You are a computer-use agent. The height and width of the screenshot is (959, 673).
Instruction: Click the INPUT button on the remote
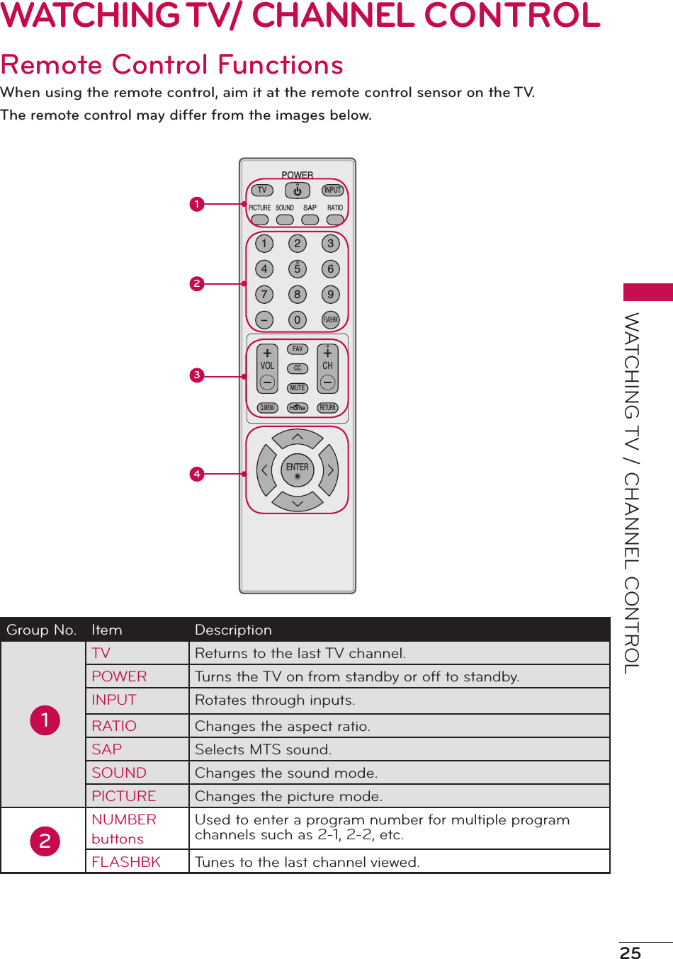click(332, 190)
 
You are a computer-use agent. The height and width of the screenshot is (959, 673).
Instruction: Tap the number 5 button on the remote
click(298, 269)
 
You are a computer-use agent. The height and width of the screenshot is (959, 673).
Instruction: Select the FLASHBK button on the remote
click(330, 320)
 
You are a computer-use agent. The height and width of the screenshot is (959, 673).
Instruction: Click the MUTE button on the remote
click(298, 388)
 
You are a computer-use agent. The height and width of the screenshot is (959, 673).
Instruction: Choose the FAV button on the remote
click(298, 349)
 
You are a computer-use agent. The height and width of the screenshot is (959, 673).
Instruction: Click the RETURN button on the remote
click(327, 408)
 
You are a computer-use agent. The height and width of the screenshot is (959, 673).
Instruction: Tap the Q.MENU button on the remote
click(267, 408)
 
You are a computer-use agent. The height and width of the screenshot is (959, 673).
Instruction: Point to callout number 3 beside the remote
click(197, 375)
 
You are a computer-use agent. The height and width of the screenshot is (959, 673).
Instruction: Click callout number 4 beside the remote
click(197, 474)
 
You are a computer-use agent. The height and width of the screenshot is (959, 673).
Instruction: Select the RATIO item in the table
click(114, 726)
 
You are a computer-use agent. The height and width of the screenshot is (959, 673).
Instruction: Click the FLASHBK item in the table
click(126, 862)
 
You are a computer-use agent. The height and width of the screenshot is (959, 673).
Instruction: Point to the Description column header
click(233, 630)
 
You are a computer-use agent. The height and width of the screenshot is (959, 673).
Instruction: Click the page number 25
click(630, 953)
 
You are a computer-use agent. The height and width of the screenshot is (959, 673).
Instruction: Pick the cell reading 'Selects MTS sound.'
click(263, 749)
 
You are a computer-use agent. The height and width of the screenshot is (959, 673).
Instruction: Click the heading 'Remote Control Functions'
click(172, 64)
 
